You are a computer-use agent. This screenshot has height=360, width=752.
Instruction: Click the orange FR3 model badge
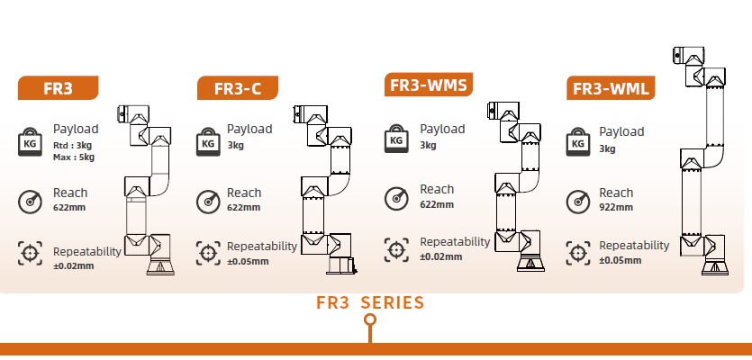[x=58, y=88]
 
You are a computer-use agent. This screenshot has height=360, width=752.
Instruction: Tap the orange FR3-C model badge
[x=238, y=88]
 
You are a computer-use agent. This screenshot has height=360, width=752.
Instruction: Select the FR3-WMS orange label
[x=429, y=85]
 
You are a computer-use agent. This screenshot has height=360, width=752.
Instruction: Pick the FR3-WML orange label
[x=611, y=88]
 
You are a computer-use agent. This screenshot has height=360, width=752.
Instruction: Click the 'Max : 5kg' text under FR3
[x=74, y=157]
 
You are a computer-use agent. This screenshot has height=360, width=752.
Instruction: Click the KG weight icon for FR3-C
[x=208, y=141]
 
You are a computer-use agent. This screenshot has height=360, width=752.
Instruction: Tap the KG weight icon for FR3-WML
[x=578, y=141]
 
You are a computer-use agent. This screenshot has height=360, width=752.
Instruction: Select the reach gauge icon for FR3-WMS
[x=396, y=199]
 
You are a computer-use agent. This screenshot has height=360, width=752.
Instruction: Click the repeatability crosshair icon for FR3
[x=30, y=253]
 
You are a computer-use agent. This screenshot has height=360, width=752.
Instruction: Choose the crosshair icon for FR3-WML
[x=578, y=253]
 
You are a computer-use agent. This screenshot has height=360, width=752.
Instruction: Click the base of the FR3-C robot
[x=341, y=265]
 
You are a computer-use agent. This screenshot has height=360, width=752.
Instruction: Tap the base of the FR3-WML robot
[x=715, y=265]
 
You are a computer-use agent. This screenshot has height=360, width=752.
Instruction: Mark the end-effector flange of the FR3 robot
[x=121, y=113]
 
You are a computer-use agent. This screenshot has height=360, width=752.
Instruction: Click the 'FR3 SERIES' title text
[x=370, y=303]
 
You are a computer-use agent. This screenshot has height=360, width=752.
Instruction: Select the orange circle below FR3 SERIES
[x=370, y=319]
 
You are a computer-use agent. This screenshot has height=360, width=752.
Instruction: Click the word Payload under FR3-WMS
[x=442, y=129]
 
